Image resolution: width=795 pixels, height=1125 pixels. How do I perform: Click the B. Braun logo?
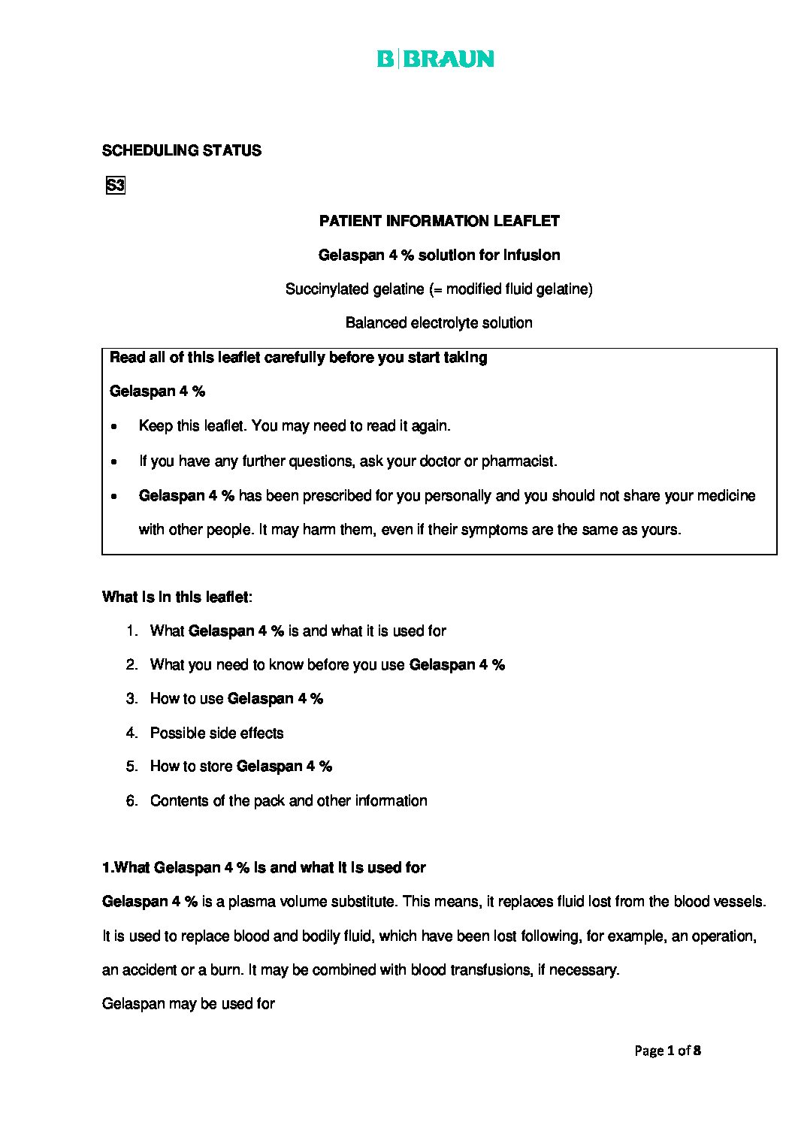point(436,59)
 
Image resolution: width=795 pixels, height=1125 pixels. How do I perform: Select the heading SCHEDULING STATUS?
point(182,150)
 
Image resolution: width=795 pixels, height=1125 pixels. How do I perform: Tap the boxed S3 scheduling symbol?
point(116,186)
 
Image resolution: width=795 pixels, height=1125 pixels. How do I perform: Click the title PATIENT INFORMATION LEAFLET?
point(439,221)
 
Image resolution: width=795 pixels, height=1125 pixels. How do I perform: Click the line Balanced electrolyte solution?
point(439,323)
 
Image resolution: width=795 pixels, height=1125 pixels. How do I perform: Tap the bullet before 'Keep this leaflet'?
point(113,427)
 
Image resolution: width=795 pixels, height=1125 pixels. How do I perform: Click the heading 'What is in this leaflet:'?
point(177,597)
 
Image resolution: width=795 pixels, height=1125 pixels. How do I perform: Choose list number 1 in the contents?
point(132,631)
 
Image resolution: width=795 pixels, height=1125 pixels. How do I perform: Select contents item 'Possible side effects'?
point(216,733)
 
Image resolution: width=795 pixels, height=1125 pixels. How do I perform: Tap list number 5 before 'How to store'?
point(132,767)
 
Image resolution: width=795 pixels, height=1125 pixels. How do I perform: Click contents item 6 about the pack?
point(289,801)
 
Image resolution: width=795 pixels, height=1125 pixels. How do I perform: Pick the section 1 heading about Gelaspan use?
point(264,868)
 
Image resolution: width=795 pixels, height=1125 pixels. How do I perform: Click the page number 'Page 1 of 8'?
point(667,1051)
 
